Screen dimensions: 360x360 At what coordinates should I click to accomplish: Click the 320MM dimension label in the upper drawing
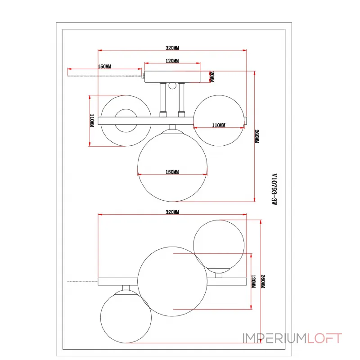coord(172,48)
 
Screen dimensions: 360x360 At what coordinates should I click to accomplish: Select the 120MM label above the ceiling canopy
coord(172,61)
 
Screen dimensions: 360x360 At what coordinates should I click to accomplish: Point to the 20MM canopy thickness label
coord(212,77)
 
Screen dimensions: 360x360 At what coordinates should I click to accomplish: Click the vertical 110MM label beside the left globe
coord(92,121)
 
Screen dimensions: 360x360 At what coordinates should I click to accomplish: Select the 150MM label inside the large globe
coord(172,172)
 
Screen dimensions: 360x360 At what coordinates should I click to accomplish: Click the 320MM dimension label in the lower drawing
coord(172,211)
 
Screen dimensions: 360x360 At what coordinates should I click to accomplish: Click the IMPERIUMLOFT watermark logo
coord(292,338)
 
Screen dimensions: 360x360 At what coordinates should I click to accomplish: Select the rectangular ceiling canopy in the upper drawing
coord(172,77)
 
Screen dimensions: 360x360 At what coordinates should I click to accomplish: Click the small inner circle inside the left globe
coord(126,121)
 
